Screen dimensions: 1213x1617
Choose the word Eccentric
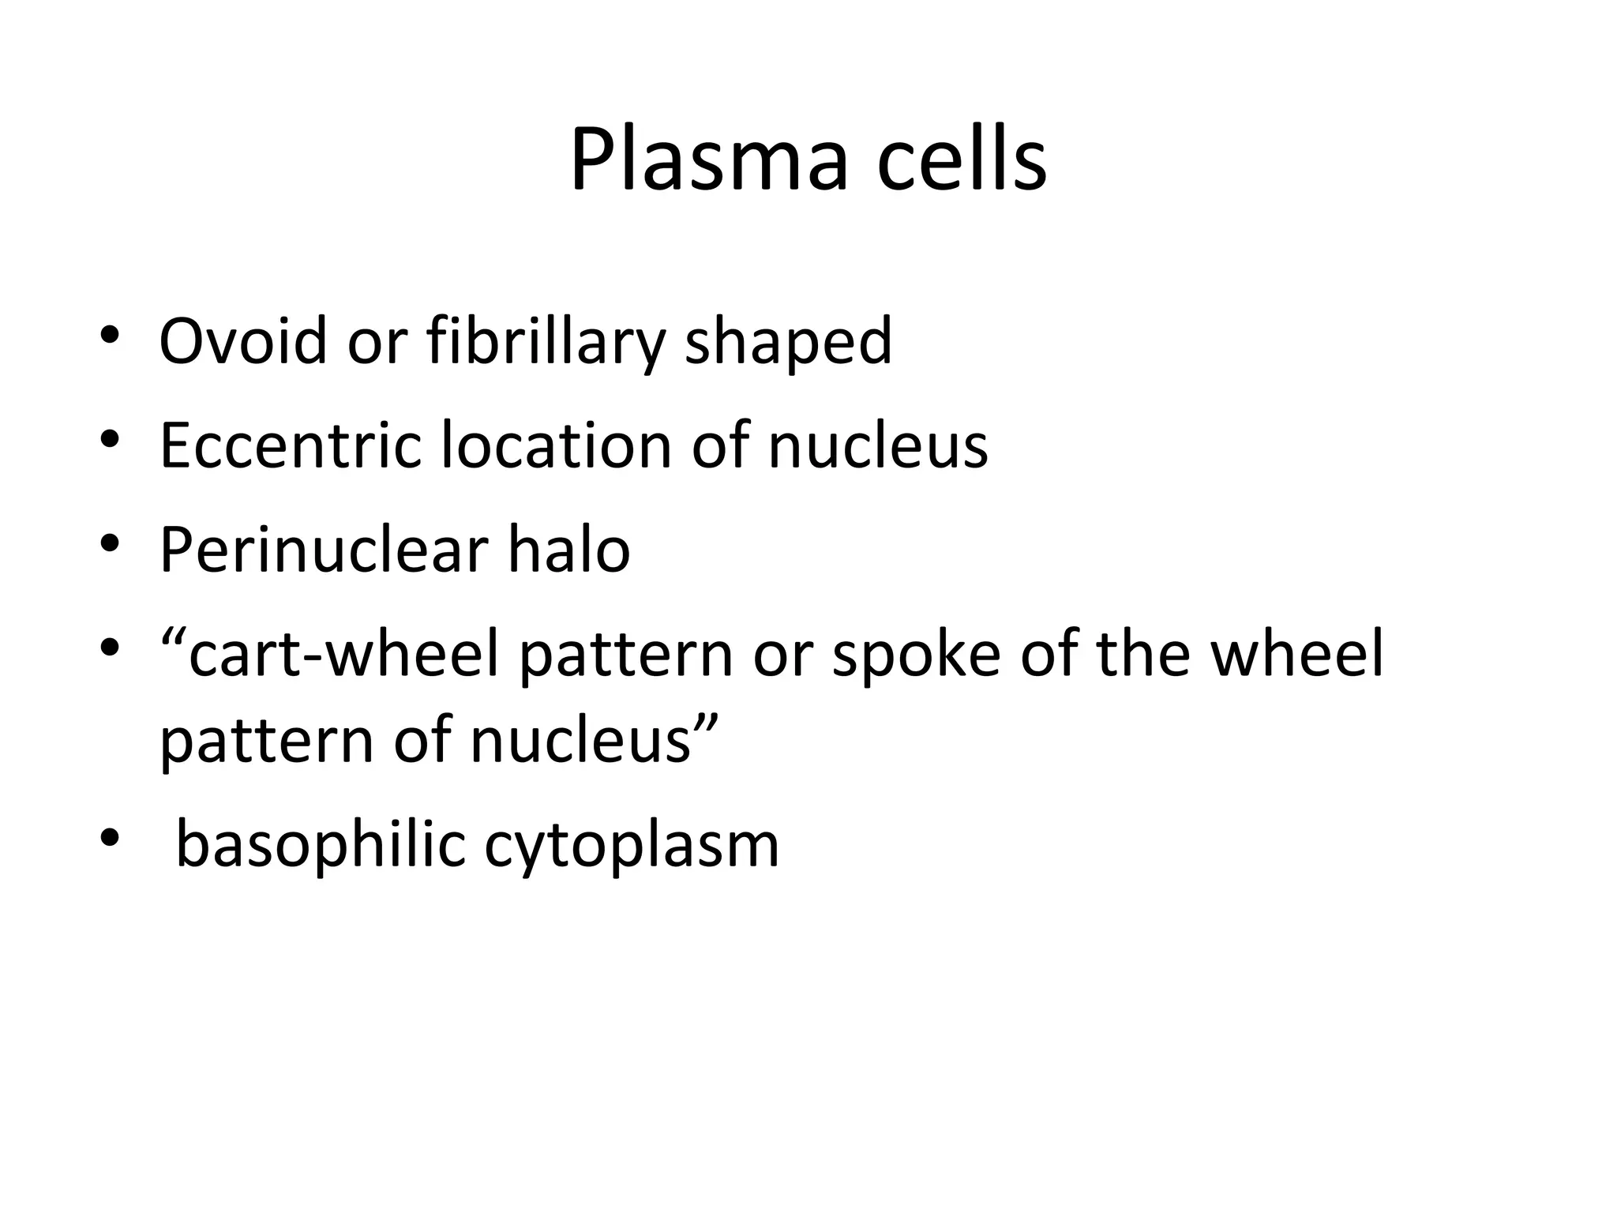point(291,445)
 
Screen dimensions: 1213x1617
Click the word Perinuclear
point(323,550)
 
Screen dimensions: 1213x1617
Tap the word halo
point(568,550)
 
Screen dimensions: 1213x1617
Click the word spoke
point(916,655)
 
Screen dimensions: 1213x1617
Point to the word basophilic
point(321,845)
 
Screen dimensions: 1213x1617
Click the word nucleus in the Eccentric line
point(877,445)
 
